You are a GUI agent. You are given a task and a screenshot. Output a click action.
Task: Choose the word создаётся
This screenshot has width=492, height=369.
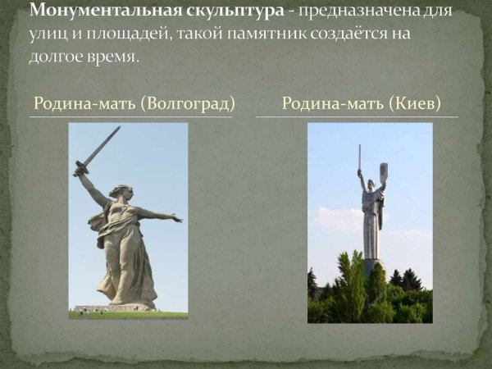pos(360,36)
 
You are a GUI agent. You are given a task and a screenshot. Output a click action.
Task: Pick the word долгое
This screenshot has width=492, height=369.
pos(60,59)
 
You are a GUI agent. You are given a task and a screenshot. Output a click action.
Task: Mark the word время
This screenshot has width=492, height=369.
pos(116,59)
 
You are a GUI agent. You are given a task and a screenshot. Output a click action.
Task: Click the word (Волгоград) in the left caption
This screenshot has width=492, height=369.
pos(188,104)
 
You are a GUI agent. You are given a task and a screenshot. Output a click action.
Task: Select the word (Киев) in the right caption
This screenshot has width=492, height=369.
pos(416,104)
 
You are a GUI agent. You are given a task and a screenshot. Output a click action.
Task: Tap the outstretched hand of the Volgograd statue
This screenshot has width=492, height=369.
pos(175,218)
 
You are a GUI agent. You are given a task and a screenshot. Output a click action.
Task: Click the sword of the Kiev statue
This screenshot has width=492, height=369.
pos(359,157)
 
